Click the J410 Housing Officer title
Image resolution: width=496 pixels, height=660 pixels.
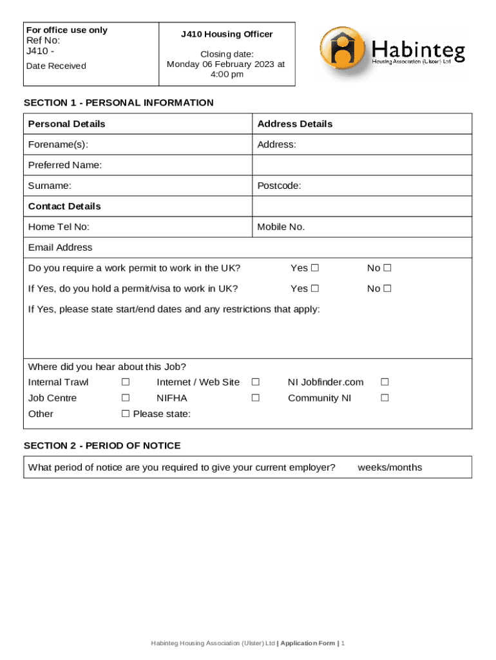tap(227, 34)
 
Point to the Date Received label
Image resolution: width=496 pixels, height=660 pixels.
tap(56, 66)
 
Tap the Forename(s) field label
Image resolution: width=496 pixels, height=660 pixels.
tap(58, 144)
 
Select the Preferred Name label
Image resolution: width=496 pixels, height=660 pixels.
tap(65, 165)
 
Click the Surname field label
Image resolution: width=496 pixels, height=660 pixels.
tap(50, 186)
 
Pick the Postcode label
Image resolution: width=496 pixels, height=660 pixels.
tap(279, 186)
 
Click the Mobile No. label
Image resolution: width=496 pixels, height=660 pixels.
tap(281, 227)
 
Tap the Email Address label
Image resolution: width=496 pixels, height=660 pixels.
tap(60, 247)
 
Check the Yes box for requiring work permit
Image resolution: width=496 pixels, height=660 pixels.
tap(315, 268)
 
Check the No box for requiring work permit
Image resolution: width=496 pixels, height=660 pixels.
tap(388, 268)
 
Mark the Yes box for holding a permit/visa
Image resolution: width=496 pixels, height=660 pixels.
tap(315, 289)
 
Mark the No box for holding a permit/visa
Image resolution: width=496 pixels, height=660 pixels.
tap(388, 289)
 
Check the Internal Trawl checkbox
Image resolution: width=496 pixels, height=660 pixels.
tap(126, 382)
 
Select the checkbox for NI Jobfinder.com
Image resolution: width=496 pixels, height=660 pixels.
tap(385, 382)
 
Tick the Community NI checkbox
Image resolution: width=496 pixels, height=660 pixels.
tap(385, 398)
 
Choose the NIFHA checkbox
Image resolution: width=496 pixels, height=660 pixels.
tap(255, 398)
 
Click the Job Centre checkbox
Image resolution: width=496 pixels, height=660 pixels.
tap(126, 398)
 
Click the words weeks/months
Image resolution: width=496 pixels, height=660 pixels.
tap(390, 467)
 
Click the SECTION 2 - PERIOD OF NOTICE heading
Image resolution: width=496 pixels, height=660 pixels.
tap(102, 445)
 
